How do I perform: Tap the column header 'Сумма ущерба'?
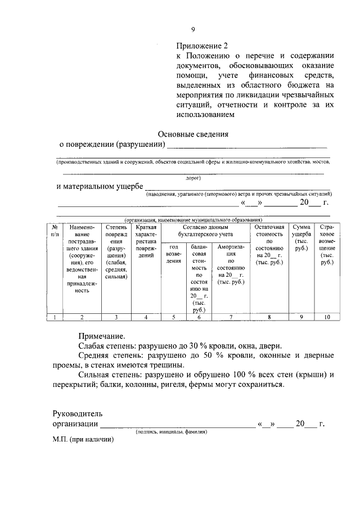tap(301, 237)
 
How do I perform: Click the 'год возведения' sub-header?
tap(173, 254)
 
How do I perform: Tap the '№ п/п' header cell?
tap(55, 230)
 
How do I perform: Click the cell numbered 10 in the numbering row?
tap(327, 317)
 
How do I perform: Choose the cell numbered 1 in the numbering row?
tap(55, 317)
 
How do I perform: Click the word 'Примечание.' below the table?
tap(101, 336)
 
